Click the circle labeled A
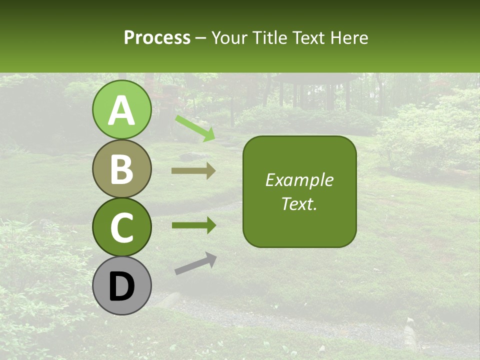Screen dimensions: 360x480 (121, 109)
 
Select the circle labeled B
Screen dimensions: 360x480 (121, 168)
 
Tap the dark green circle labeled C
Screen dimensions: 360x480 (121, 227)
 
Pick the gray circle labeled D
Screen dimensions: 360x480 (121, 285)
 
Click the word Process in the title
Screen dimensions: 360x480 (157, 38)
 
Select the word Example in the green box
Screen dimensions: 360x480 (299, 180)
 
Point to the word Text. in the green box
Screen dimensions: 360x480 (299, 203)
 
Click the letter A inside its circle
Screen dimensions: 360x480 (121, 110)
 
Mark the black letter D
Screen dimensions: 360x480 (121, 286)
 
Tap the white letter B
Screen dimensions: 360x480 (121, 169)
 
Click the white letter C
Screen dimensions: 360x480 (121, 227)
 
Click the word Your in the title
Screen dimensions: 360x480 (229, 37)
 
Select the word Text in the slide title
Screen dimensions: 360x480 (307, 37)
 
